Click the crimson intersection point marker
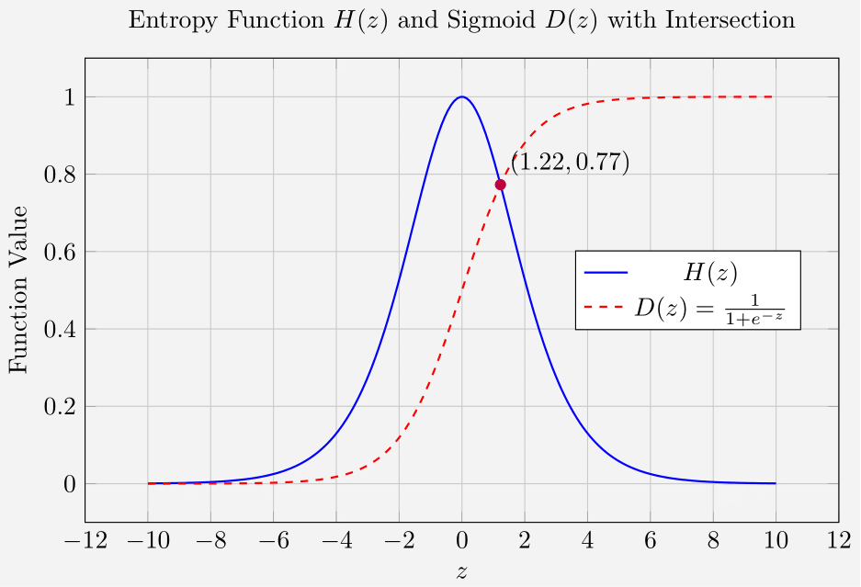(500, 185)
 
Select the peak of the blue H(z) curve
(461, 97)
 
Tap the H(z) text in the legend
(710, 273)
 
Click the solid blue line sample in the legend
(606, 273)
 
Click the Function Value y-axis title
(19, 289)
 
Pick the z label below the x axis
(461, 572)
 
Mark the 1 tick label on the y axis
(69, 97)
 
